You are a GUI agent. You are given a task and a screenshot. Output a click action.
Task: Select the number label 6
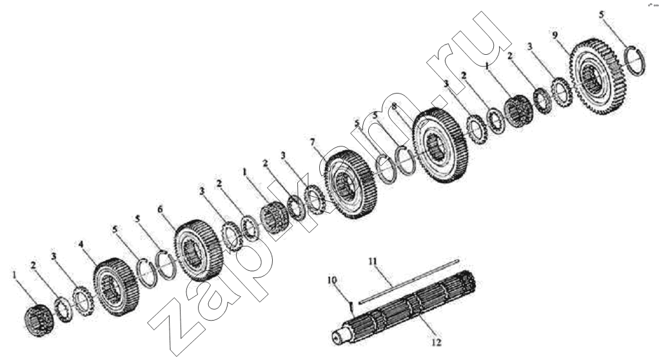pyautogui.click(x=160, y=210)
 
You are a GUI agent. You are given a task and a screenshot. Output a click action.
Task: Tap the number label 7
pyautogui.click(x=312, y=143)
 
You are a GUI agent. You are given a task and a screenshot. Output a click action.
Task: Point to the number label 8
pyautogui.click(x=394, y=107)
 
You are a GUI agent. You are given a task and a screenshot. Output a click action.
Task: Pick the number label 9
pyautogui.click(x=555, y=35)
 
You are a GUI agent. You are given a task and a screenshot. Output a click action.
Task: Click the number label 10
pyautogui.click(x=332, y=280)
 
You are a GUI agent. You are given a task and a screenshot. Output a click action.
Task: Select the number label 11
pyautogui.click(x=373, y=261)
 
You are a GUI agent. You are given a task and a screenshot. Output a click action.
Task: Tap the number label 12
pyautogui.click(x=437, y=343)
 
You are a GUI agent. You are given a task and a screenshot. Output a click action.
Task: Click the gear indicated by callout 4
pyautogui.click(x=116, y=286)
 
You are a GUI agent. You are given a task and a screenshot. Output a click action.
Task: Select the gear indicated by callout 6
pyautogui.click(x=198, y=250)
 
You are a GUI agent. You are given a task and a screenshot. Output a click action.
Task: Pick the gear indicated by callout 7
pyautogui.click(x=351, y=185)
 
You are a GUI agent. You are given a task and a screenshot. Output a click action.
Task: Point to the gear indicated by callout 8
pyautogui.click(x=440, y=146)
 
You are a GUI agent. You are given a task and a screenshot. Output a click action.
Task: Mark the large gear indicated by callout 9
pyautogui.click(x=598, y=76)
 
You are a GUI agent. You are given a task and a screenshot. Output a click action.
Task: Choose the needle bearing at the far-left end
pyautogui.click(x=39, y=321)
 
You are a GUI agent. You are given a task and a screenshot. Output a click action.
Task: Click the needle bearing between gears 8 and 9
pyautogui.click(x=518, y=110)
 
